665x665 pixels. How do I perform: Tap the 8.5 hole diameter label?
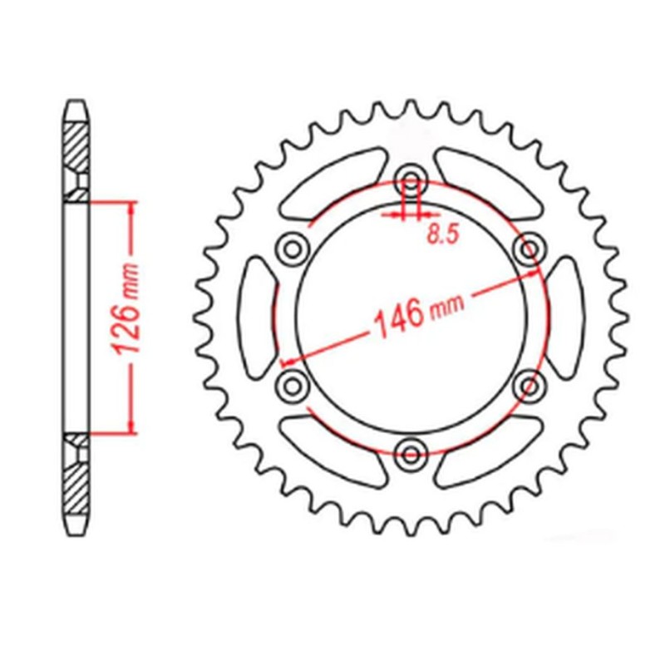[442, 235]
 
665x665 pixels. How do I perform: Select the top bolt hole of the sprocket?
[409, 179]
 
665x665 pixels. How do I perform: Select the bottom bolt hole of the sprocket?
[409, 453]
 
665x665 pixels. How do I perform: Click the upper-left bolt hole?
[290, 247]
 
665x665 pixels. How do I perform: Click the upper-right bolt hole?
[528, 247]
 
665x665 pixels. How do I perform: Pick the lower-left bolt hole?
[290, 385]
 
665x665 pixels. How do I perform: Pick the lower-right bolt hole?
[528, 385]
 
